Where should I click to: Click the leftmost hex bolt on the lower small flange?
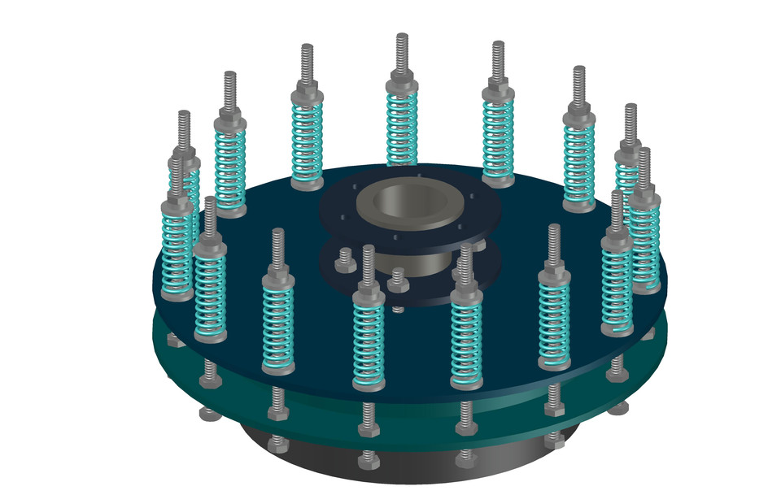344,259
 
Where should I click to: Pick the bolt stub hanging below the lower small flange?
397,308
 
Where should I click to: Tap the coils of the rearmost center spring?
402,127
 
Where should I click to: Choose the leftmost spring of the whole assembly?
177,244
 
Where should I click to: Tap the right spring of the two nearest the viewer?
466,337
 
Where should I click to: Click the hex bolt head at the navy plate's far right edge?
648,333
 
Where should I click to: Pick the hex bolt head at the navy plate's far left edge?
172,337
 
